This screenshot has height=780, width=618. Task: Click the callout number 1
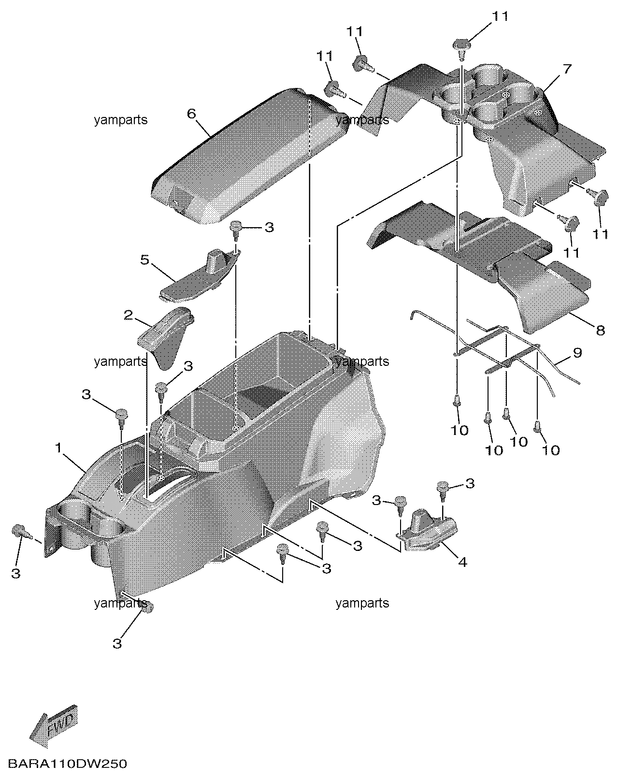(59, 448)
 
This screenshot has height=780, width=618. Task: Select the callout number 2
(129, 315)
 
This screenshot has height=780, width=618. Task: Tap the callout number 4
(462, 562)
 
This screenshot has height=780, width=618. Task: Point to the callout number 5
(144, 260)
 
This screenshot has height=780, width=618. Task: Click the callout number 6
(191, 114)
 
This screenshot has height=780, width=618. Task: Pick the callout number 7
(567, 69)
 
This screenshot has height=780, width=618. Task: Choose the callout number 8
(601, 330)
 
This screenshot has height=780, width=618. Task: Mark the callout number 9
(577, 352)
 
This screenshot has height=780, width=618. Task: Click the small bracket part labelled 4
(428, 534)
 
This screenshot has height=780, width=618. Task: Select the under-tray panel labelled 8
(478, 265)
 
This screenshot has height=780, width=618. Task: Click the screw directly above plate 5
(236, 230)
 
